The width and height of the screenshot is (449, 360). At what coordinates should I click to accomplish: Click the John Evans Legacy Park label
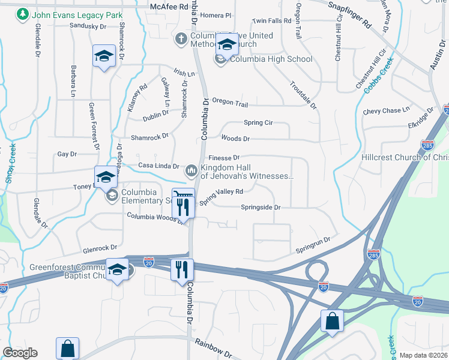pos(77,14)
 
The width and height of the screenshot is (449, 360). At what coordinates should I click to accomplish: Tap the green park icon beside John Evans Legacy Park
pos(23,14)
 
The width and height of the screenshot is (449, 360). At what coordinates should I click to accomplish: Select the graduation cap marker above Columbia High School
pos(227,46)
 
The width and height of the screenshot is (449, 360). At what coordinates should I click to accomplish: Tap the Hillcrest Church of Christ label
pos(405,157)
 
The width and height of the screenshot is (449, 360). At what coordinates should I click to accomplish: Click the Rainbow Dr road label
pos(213,346)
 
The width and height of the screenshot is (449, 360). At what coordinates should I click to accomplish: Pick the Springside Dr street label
pos(261,208)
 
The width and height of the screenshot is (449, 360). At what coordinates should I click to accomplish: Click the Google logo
pos(20,353)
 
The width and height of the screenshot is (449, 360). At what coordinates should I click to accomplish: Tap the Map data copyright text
pos(424,355)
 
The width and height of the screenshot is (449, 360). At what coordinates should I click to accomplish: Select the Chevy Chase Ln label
pos(386,110)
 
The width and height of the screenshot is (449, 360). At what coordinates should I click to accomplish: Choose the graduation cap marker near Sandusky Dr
pos(104,57)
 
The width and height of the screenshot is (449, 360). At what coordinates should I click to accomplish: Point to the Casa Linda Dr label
pos(158,166)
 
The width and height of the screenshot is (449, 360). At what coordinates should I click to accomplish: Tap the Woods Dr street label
pos(235,139)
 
